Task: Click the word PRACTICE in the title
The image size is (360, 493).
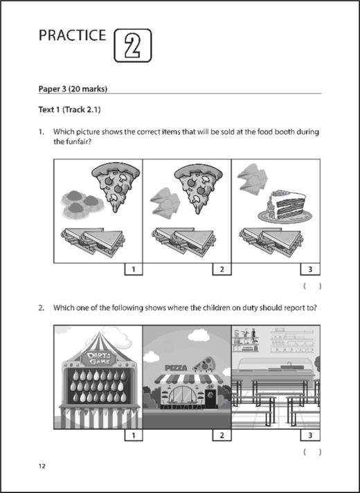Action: [x=73, y=36]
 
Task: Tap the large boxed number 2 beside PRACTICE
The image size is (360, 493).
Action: [x=132, y=45]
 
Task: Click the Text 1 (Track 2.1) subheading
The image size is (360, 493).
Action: [x=73, y=110]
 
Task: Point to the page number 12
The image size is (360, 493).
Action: [x=42, y=467]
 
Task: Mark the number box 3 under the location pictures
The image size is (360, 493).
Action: [x=310, y=436]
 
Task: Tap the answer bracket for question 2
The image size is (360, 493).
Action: [x=312, y=451]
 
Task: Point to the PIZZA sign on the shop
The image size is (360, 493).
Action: [x=176, y=369]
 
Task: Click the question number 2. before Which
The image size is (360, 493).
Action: [x=42, y=308]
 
